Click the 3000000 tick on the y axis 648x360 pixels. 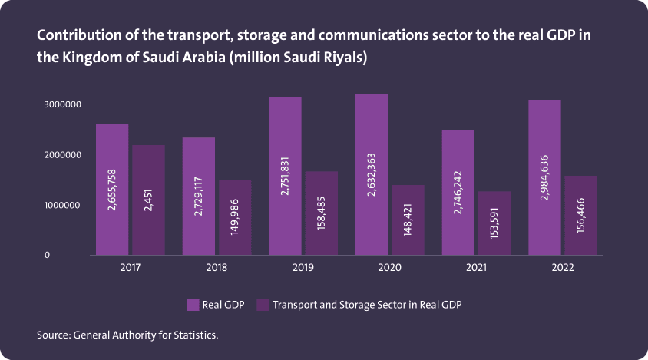pos(63,104)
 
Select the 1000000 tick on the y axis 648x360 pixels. pos(63,206)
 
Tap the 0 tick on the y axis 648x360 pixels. pos(47,255)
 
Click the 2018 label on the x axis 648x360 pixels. pos(217,269)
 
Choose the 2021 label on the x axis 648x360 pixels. pos(476,269)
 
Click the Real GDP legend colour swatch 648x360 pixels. pos(193,305)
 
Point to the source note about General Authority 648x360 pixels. pos(133,335)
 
